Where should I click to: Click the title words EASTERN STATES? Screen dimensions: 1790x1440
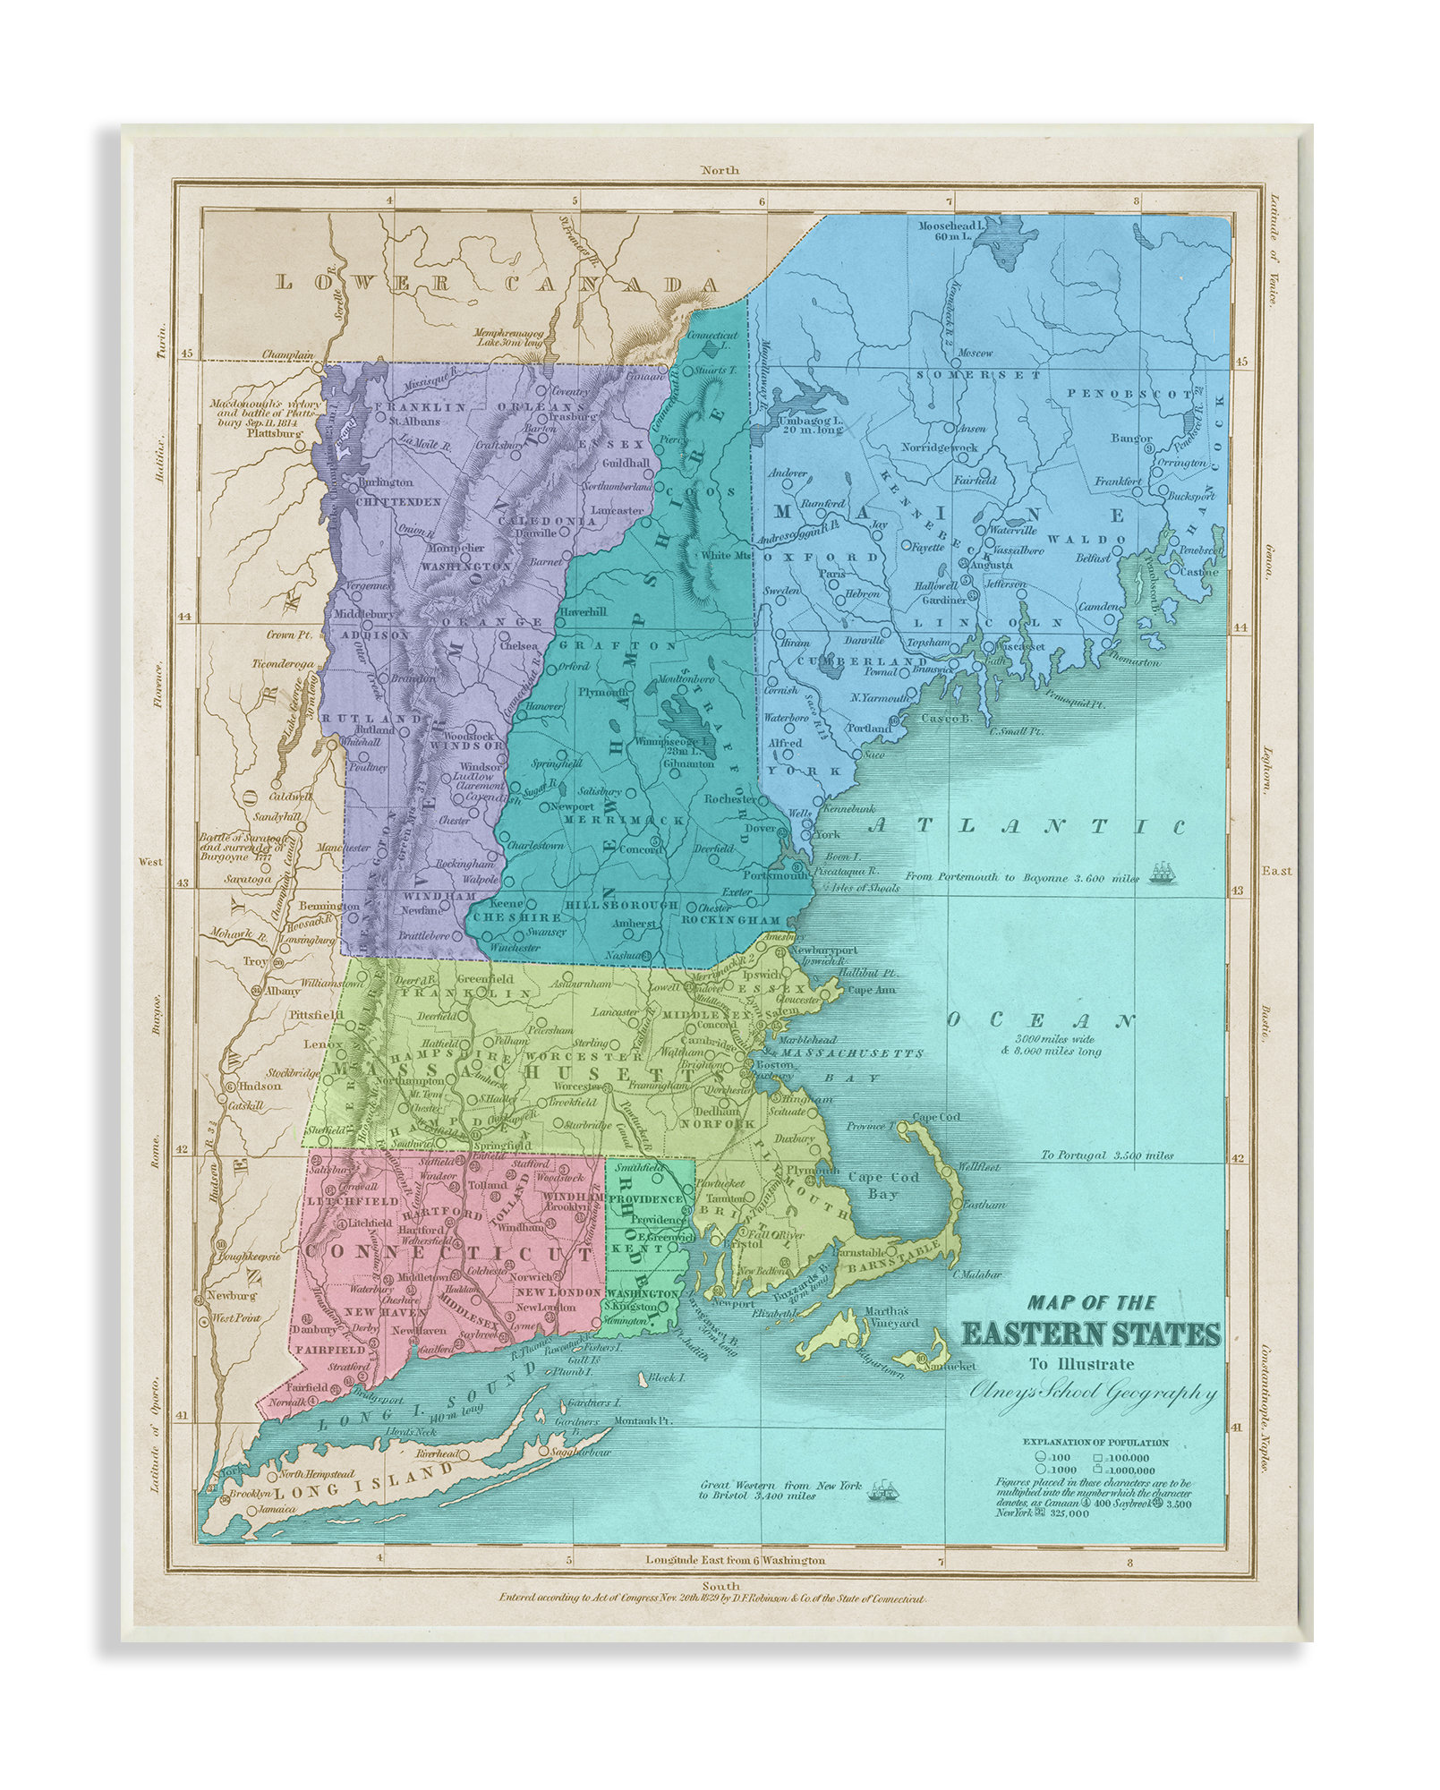[x=1091, y=1334]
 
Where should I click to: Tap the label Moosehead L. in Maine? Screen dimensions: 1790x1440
[x=950, y=226]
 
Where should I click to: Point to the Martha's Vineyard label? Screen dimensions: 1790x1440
[x=889, y=1317]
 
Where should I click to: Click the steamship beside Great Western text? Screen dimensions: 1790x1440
[x=883, y=1490]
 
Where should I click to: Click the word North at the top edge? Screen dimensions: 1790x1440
[x=720, y=170]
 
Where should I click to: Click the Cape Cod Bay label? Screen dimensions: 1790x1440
[x=881, y=1185]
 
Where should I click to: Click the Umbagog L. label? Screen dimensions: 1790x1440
[x=810, y=424]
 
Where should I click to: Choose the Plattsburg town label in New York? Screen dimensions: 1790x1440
[x=275, y=433]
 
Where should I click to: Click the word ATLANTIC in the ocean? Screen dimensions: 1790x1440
[x=1026, y=826]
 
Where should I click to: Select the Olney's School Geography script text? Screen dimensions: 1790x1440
[x=1093, y=1393]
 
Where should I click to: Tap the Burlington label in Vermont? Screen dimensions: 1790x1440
[x=384, y=482]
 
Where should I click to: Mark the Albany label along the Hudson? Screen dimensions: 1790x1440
[x=283, y=991]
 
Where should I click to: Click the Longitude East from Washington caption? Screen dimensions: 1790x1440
[x=735, y=1560]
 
